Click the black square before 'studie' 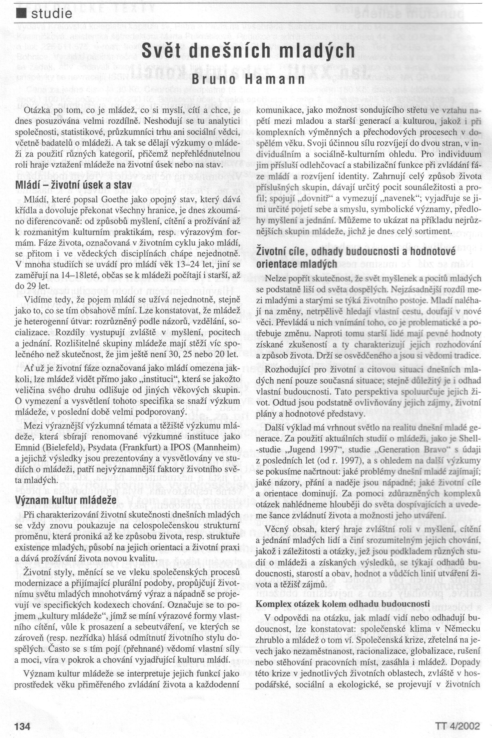[20, 13]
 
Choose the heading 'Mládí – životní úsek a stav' [73, 185]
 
